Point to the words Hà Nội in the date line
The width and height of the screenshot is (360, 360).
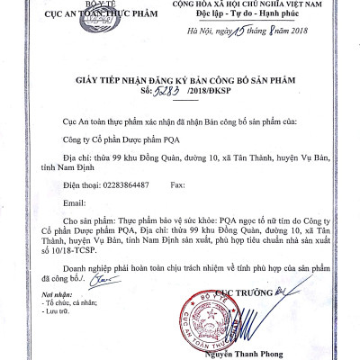coord(200,33)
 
